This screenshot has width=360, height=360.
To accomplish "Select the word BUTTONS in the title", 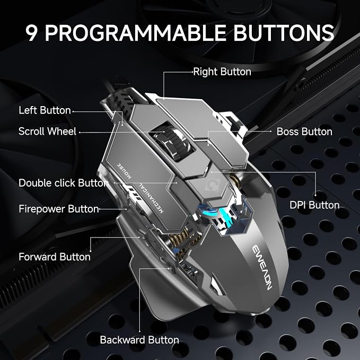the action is click(284, 33).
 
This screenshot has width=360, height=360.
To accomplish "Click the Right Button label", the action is click(222, 72).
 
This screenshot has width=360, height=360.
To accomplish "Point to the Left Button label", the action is click(45, 110).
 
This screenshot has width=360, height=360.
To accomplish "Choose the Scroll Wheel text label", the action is click(47, 131).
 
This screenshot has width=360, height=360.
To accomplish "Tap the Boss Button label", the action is click(304, 131).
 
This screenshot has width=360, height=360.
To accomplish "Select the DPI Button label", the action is click(314, 205).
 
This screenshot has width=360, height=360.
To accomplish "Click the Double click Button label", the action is click(64, 183).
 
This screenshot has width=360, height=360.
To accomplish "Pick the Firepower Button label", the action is click(59, 209).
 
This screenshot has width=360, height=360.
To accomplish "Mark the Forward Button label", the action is click(55, 257).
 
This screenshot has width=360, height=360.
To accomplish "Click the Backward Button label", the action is click(139, 340).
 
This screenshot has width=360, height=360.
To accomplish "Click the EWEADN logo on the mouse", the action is click(262, 267).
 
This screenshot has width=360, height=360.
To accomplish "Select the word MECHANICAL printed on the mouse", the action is click(151, 198).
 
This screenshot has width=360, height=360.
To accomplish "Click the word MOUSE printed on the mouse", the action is click(124, 171).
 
